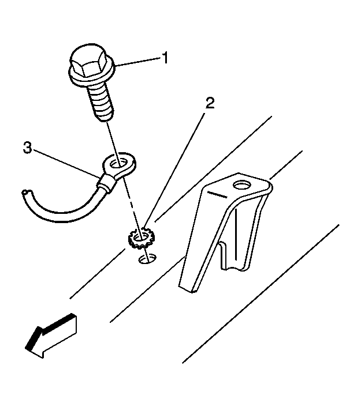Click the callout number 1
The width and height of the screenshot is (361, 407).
pos(165,58)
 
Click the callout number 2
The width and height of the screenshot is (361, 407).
pos(210,103)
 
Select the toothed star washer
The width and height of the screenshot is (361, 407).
pos(141,238)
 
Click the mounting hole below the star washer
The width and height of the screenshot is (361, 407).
pos(147,259)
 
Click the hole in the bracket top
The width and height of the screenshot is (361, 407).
pos(241,185)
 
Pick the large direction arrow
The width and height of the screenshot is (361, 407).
pos(51,336)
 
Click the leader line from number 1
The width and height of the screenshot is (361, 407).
pos(138,62)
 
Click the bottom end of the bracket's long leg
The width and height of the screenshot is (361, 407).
pos(187,289)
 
